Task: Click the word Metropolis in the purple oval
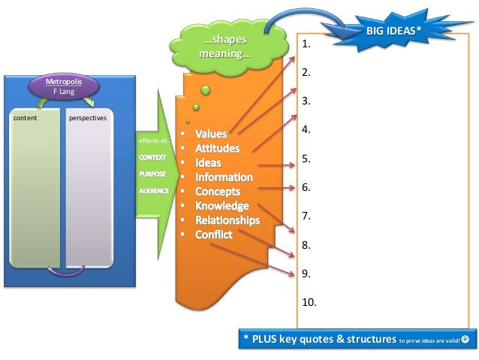tap(64, 80)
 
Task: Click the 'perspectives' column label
tap(87, 118)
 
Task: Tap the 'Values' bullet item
tap(210, 135)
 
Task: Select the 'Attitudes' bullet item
tap(217, 149)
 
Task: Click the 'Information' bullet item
tap(224, 177)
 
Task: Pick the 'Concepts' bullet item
tap(218, 192)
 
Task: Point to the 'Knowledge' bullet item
tap(221, 206)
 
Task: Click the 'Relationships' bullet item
tap(227, 220)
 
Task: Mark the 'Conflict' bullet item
tap(213, 234)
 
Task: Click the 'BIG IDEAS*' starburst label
tap(393, 29)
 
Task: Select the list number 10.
tap(309, 303)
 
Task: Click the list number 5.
tap(306, 159)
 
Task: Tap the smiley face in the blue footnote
tap(465, 339)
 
